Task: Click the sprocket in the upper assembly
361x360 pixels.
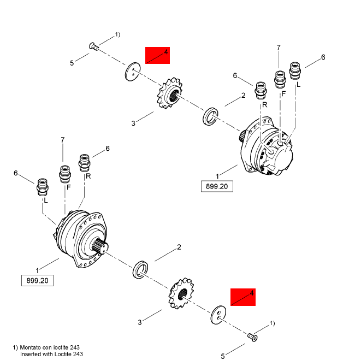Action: [x=170, y=95]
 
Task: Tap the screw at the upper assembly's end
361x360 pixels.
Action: [x=93, y=48]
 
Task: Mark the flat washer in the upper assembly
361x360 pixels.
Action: [x=132, y=73]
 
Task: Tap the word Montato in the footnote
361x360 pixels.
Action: [x=33, y=347]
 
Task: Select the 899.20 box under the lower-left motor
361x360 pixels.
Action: [x=38, y=281]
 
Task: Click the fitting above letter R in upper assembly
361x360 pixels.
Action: [x=261, y=89]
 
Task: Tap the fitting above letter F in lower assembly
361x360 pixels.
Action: [x=64, y=173]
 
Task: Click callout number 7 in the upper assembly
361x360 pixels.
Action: [x=279, y=48]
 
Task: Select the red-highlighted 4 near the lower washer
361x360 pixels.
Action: [x=243, y=297]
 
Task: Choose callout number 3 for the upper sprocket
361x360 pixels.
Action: [x=133, y=122]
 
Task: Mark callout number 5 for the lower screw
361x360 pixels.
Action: [x=223, y=356]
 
